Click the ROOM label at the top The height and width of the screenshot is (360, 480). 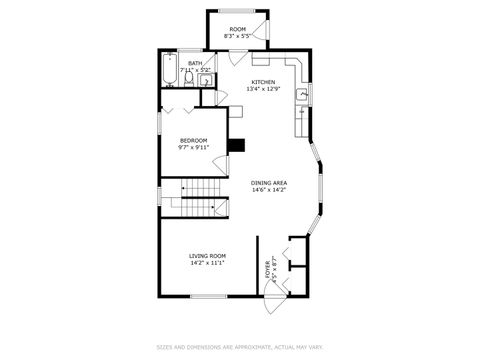(237, 30)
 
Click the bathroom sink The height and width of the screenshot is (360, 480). (207, 82)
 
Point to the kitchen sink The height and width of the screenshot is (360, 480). (298, 96)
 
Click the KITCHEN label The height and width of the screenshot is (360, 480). (263, 82)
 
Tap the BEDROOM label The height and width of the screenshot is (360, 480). (194, 140)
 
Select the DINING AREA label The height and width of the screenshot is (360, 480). (269, 183)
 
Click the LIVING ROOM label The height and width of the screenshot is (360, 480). (207, 256)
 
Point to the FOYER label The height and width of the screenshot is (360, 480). (268, 269)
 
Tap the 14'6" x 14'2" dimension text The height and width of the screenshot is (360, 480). (269, 190)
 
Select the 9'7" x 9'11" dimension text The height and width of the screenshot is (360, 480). (194, 147)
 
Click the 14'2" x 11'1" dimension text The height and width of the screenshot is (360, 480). (207, 263)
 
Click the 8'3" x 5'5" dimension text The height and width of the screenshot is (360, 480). (237, 37)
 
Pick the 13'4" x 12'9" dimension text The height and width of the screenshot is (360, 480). (263, 89)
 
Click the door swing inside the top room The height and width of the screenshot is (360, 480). (259, 27)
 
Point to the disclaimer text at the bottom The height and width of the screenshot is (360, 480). (240, 347)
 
